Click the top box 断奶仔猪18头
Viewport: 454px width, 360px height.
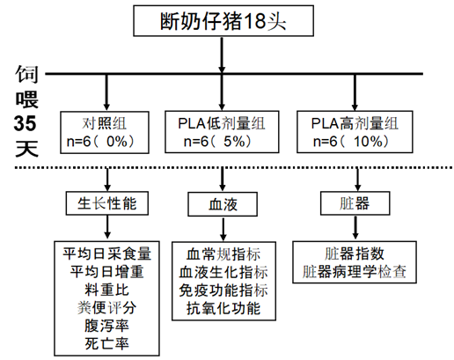point(223,21)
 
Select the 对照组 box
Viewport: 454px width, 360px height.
point(105,132)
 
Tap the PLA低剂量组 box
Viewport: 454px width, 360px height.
point(222,132)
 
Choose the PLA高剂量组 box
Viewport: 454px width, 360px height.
point(355,132)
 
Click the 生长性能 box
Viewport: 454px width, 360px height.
point(107,203)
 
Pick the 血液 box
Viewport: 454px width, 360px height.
point(223,204)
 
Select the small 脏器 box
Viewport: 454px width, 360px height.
point(355,203)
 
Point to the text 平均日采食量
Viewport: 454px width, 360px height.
point(106,254)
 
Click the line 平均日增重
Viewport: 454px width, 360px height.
point(106,272)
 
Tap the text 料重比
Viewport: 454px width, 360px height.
point(106,290)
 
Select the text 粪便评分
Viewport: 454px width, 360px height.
point(106,308)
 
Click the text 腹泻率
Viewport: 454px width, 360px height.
point(106,326)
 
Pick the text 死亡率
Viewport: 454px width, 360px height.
point(106,343)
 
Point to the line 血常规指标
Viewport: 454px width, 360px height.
point(223,254)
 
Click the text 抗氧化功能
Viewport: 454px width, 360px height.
point(223,308)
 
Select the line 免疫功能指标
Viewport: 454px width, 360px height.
point(223,290)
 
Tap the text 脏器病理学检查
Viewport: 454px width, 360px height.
point(355,272)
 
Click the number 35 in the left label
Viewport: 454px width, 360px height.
point(26,123)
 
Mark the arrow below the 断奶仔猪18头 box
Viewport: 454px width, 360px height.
point(222,55)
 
